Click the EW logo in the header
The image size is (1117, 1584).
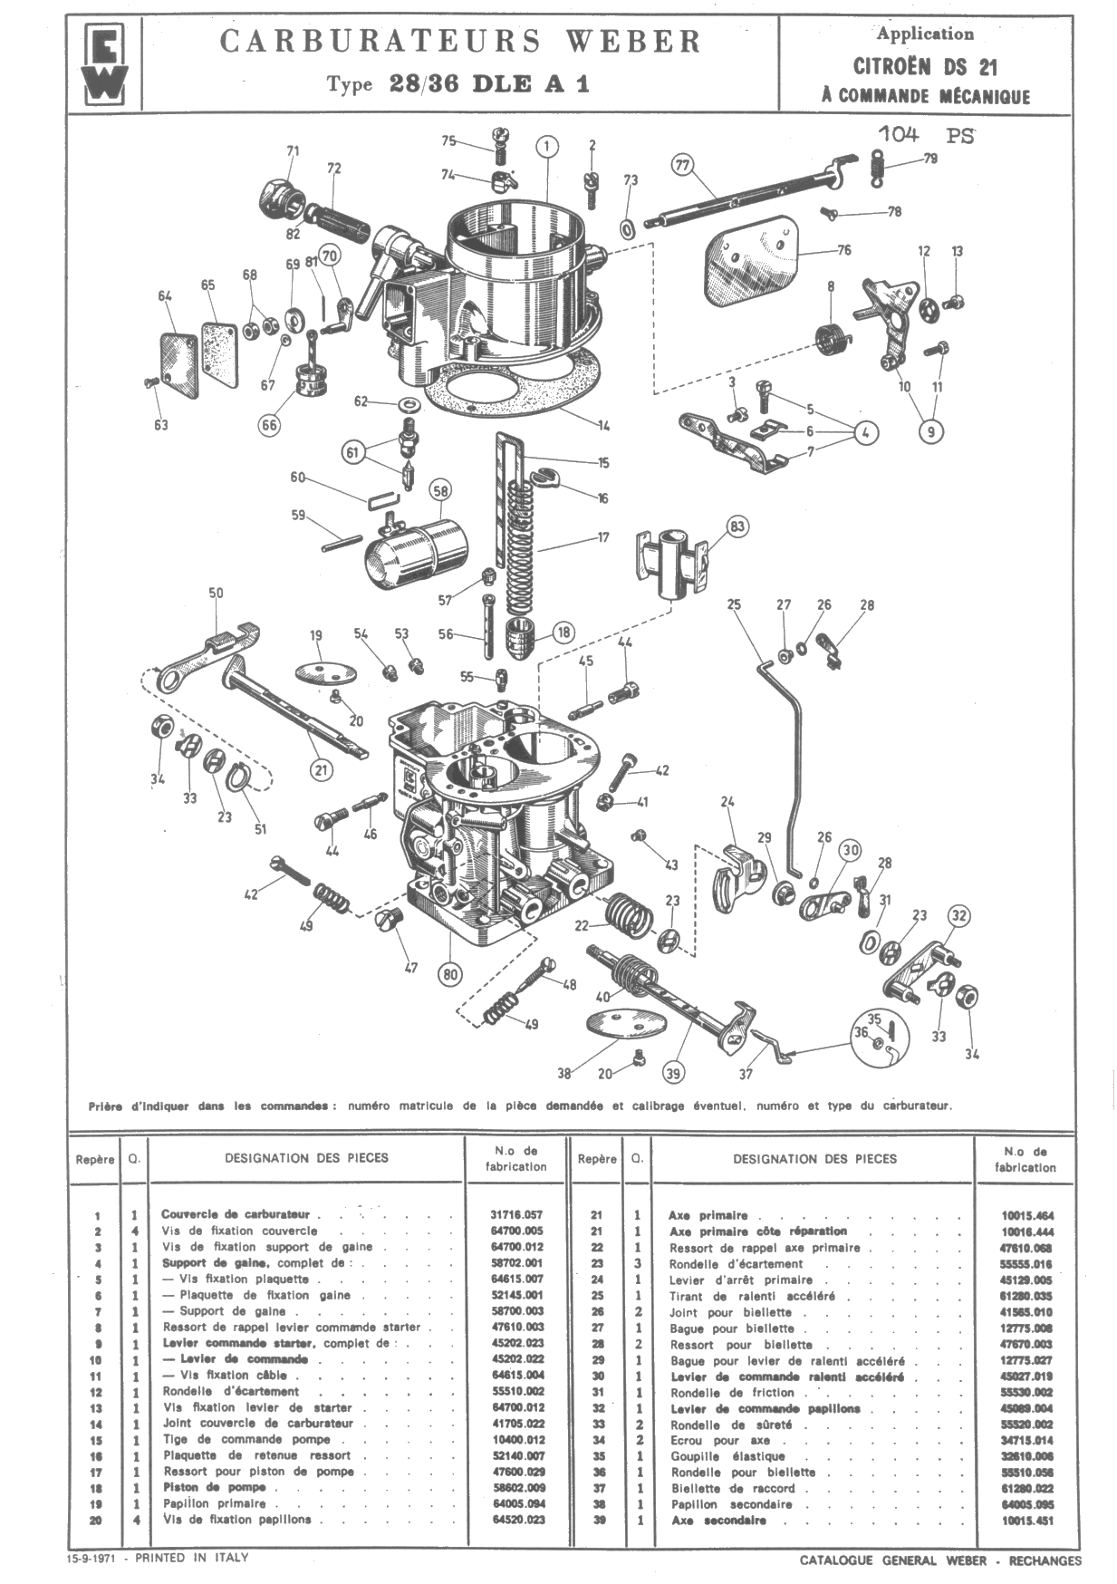tap(104, 63)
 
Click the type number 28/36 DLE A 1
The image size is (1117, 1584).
tap(489, 84)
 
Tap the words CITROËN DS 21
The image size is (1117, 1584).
tap(925, 66)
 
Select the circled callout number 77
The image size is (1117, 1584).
tap(682, 165)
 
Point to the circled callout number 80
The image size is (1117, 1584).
tap(449, 974)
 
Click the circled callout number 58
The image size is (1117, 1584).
tap(440, 491)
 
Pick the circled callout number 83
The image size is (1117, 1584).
tap(737, 526)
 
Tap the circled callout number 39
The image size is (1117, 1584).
tap(672, 1072)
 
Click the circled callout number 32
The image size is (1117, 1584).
tap(959, 915)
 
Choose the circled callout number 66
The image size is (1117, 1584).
tap(269, 424)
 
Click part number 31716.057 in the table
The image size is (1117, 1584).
tap(517, 1215)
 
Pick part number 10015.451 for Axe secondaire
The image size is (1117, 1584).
tap(1027, 1521)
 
